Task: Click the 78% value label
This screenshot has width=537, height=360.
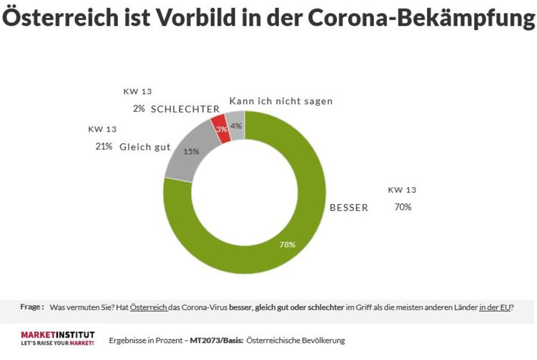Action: coord(287,244)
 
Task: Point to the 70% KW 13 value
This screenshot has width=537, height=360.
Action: coord(402,207)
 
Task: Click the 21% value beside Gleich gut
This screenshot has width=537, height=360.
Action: coord(104,146)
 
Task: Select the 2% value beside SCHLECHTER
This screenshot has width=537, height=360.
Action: coord(139,109)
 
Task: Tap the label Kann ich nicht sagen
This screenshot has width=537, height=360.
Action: coord(280,101)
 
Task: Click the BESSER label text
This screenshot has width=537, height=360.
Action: coord(349,208)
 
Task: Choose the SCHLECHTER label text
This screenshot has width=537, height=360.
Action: coord(185,109)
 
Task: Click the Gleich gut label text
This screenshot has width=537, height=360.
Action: coord(145,147)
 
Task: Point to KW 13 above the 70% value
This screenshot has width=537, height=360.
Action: coord(402,190)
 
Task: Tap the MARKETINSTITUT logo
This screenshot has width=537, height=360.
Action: coord(57,334)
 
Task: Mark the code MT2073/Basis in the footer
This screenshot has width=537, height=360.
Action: coord(216,341)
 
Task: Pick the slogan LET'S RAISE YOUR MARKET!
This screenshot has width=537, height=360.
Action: coord(57,343)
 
